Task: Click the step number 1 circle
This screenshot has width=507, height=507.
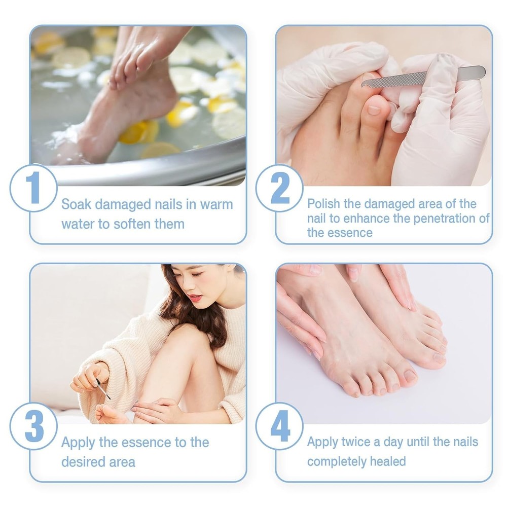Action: (x=33, y=188)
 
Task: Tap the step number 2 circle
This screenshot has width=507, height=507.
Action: (x=279, y=188)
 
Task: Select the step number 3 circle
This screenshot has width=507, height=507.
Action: (x=33, y=426)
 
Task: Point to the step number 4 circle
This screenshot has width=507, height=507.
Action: (x=279, y=426)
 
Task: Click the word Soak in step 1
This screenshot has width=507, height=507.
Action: (x=77, y=204)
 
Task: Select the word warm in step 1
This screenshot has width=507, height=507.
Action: (x=216, y=205)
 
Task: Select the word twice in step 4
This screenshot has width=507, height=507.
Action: (x=355, y=442)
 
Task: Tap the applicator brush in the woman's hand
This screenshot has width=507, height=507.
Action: (x=103, y=389)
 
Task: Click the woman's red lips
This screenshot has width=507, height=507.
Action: (x=195, y=297)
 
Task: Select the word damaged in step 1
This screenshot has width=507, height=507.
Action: (x=123, y=205)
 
